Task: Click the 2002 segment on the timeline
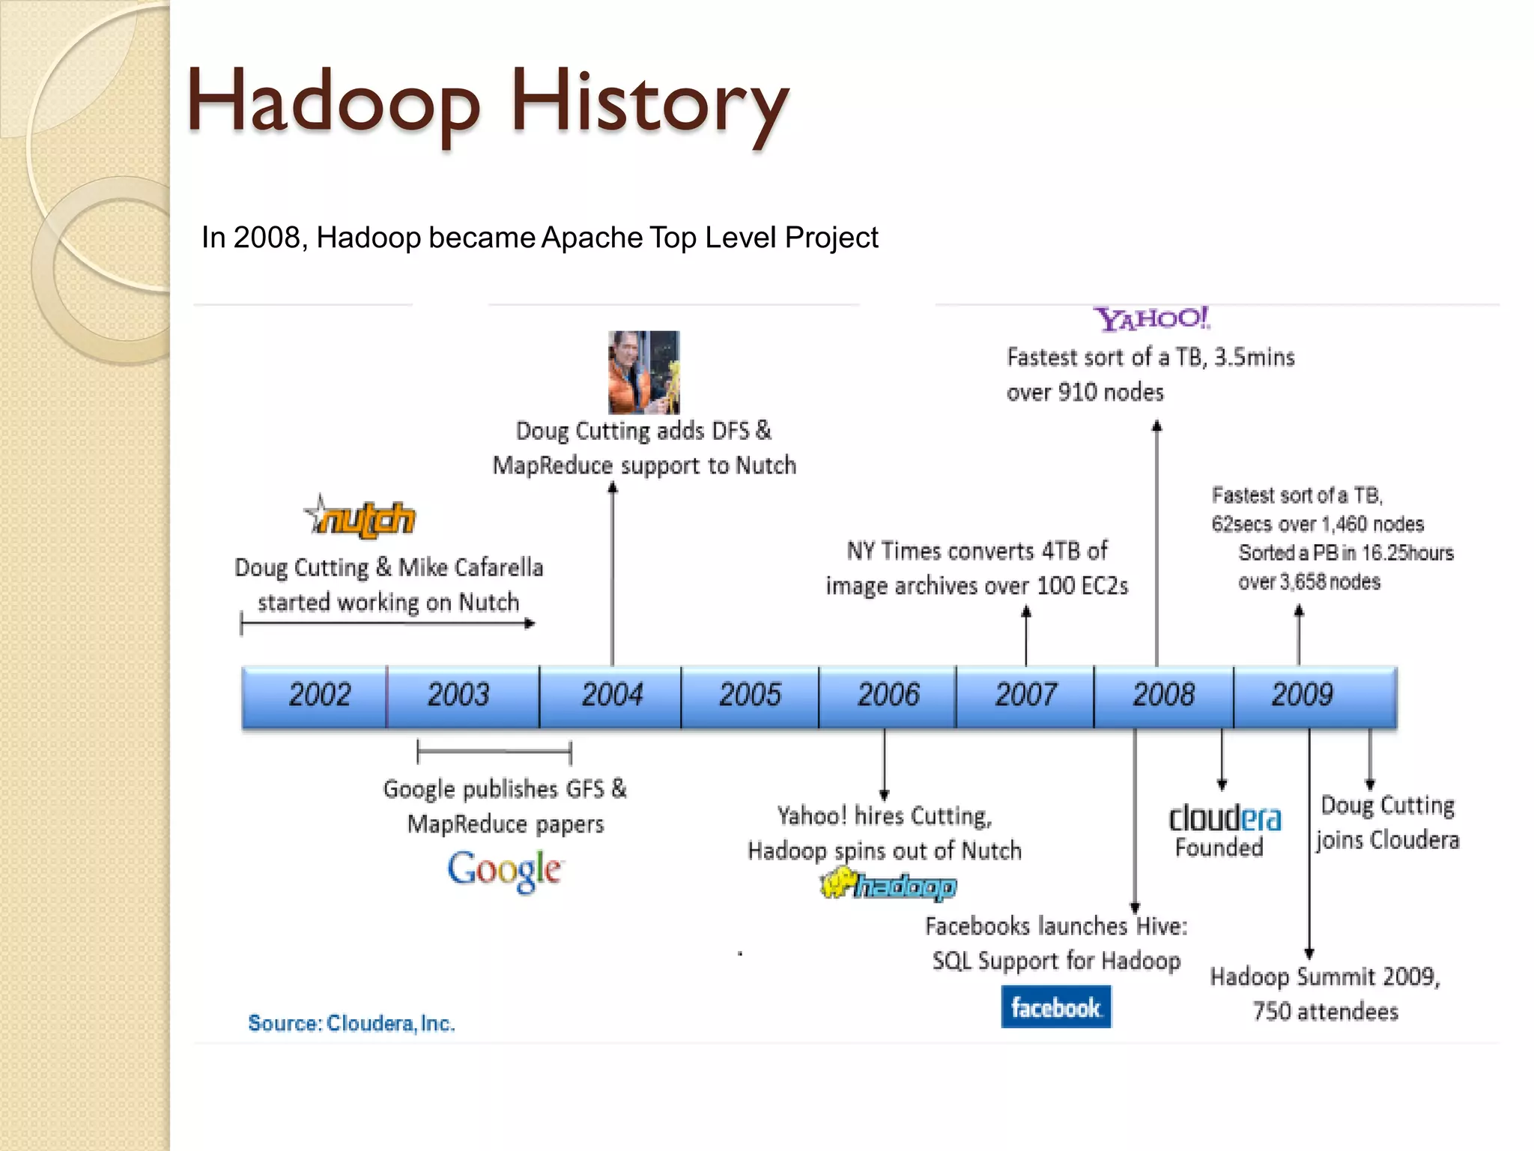pyautogui.click(x=318, y=695)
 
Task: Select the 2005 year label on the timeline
pyautogui.click(x=750, y=695)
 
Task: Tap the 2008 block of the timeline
pyautogui.click(x=1163, y=695)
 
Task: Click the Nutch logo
pyautogui.click(x=361, y=518)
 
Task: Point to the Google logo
pyautogui.click(x=504, y=871)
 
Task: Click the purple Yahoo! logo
pyautogui.click(x=1151, y=319)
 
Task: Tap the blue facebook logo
pyautogui.click(x=1055, y=1007)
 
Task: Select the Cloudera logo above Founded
pyautogui.click(x=1225, y=818)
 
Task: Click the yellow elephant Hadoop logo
pyautogui.click(x=888, y=886)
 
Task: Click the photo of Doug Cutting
pyautogui.click(x=643, y=372)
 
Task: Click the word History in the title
pyautogui.click(x=649, y=102)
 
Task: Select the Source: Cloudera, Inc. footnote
pyautogui.click(x=351, y=1023)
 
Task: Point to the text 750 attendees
pyautogui.click(x=1325, y=1012)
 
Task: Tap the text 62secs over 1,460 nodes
pyautogui.click(x=1317, y=524)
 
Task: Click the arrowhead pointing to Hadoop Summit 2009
pyautogui.click(x=1309, y=954)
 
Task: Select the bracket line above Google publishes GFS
pyautogui.click(x=494, y=751)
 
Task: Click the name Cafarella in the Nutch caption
pyautogui.click(x=470, y=567)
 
